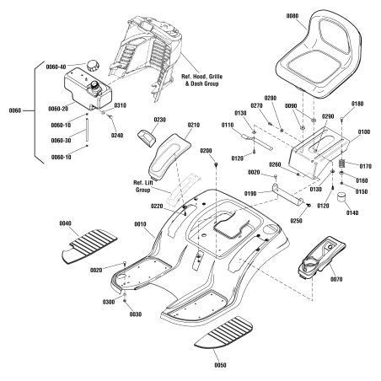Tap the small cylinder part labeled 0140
(x=344, y=199)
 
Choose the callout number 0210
(x=194, y=126)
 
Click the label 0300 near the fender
(x=107, y=302)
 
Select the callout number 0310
(x=120, y=106)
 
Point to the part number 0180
(x=357, y=104)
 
